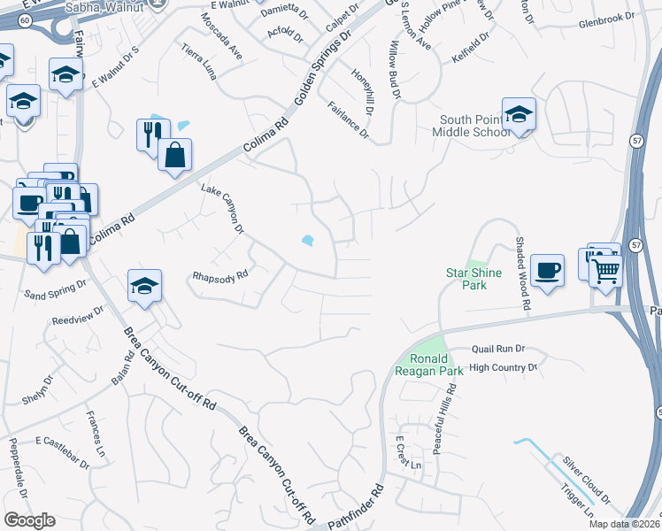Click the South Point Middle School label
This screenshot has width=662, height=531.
pos(476,126)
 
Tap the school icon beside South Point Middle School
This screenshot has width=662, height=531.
pos(519,114)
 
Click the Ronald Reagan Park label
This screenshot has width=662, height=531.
pos(435,365)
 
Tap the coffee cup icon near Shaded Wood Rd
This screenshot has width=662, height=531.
pos(547,269)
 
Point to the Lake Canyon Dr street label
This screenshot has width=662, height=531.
pos(221,209)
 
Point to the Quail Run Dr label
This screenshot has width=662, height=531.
pos(498,350)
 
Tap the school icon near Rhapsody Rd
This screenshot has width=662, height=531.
pos(144,285)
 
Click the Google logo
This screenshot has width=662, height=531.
pos(29,520)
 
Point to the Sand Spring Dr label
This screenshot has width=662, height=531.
pos(55,289)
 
